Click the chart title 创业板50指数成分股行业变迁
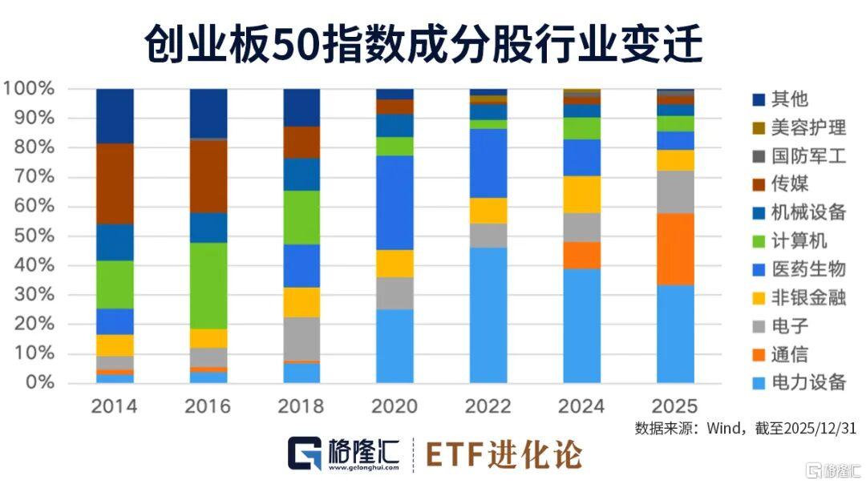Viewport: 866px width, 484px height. [423, 43]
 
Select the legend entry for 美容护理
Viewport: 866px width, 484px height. [807, 127]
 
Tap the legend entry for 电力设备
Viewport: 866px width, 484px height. [807, 381]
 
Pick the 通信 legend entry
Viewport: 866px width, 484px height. [789, 353]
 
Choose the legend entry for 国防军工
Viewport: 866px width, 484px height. [807, 156]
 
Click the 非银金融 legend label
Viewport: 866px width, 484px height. [807, 297]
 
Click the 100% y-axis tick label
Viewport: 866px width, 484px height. [30, 88]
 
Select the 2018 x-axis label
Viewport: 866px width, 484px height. [301, 406]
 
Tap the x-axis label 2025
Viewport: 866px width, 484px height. [675, 406]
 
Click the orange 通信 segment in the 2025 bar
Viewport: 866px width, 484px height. [675, 248]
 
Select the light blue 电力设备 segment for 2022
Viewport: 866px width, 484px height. [488, 315]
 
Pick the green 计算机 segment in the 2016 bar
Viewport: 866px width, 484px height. [208, 285]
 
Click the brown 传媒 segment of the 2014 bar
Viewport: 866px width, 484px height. [115, 184]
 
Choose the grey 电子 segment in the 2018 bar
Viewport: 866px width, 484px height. [301, 339]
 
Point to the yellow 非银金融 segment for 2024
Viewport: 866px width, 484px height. [582, 194]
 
